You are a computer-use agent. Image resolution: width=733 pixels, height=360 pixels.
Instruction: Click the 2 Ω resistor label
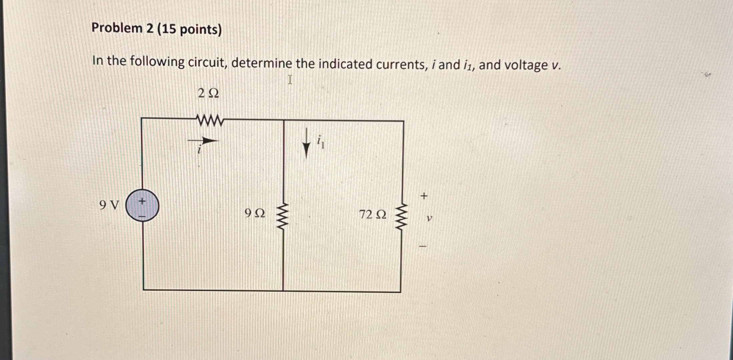[x=208, y=94]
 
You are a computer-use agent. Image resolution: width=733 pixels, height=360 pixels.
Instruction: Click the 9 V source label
[x=109, y=205]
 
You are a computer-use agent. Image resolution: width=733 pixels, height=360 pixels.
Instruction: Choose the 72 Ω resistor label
[x=373, y=215]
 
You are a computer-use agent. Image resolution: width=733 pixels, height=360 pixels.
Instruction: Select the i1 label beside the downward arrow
[x=320, y=142]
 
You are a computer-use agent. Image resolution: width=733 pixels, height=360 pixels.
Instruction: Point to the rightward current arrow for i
[x=204, y=141]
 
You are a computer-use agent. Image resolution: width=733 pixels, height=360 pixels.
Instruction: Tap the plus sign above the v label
[x=424, y=196]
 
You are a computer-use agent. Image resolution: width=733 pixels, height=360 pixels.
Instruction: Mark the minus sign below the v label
[x=423, y=247]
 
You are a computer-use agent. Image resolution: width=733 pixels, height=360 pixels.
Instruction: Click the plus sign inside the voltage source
[x=142, y=201]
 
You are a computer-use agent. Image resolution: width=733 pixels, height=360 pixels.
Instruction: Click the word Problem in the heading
[x=117, y=28]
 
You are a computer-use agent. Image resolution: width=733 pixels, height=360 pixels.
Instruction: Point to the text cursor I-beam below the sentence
[x=290, y=80]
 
